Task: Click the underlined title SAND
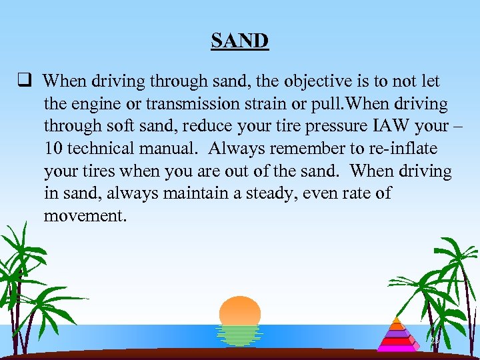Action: (240, 41)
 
